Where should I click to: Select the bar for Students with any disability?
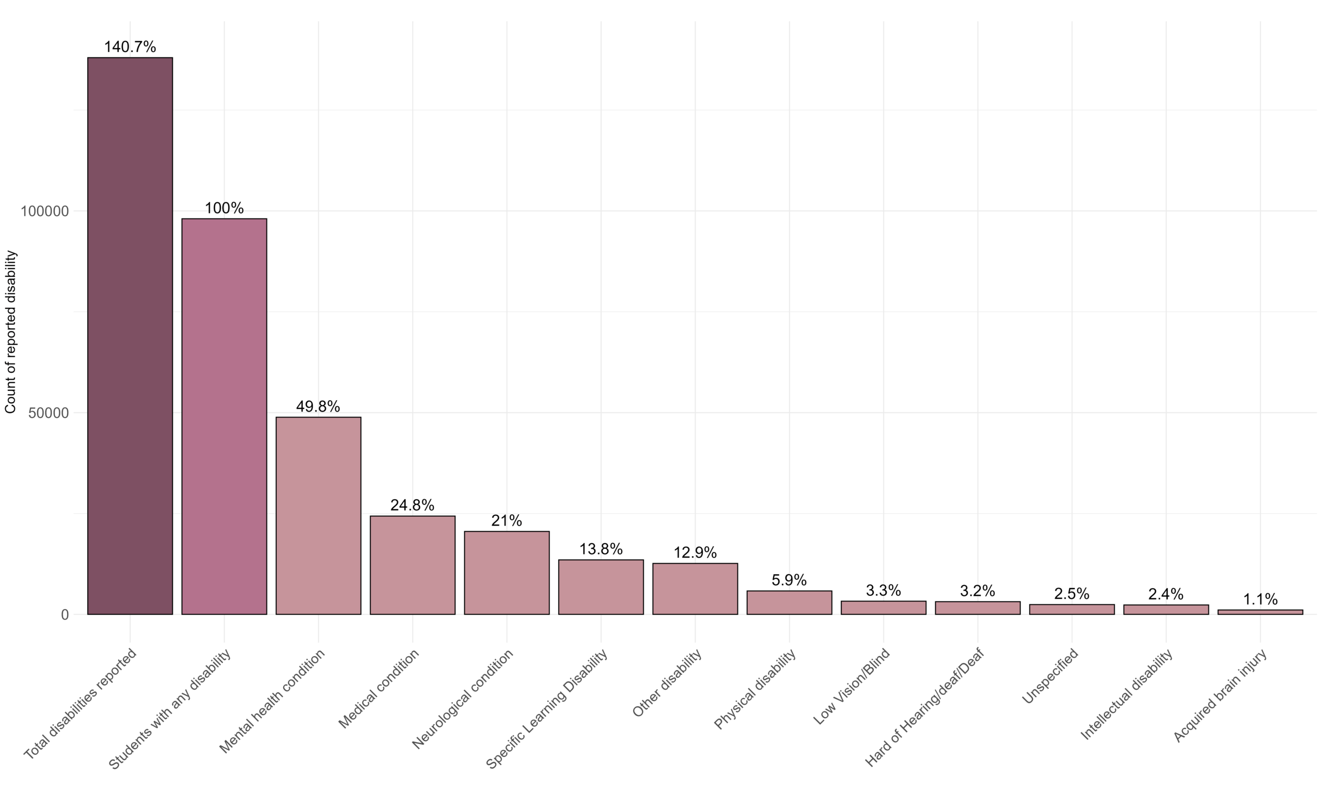coord(224,416)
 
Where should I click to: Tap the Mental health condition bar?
coord(319,515)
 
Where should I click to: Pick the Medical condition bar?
coord(413,565)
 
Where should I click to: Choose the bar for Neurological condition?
coord(507,573)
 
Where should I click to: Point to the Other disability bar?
coord(695,589)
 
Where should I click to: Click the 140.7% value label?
coord(130,47)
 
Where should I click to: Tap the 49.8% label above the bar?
coord(318,407)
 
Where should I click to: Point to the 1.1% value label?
coord(1260,599)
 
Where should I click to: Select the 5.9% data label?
coord(789,580)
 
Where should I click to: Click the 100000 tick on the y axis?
coord(45,211)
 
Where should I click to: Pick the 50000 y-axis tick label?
coord(49,413)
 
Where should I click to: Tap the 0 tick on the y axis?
coord(65,614)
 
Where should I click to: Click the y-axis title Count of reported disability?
coord(11,331)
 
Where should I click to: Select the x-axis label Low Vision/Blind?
coord(851,687)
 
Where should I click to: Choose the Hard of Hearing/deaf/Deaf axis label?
coord(924,708)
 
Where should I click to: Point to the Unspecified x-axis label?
coord(1049,676)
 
